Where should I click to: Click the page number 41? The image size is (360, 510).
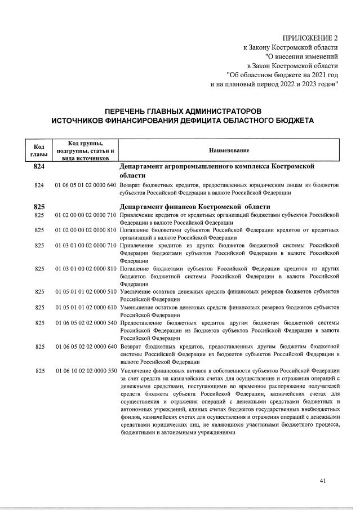323,481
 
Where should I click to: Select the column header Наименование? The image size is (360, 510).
229,150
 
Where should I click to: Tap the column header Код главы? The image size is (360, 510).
39,150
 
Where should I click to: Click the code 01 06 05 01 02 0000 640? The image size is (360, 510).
86,185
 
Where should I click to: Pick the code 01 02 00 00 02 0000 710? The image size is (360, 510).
86,215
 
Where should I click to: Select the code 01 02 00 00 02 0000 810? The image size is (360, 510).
86,230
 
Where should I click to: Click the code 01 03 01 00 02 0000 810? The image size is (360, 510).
86,269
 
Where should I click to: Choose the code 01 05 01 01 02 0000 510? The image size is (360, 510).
86,292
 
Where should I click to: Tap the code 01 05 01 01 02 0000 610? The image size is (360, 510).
86,307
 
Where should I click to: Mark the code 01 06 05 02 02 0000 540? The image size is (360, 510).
86,322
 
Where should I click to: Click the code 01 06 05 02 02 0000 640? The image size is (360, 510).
86,346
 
